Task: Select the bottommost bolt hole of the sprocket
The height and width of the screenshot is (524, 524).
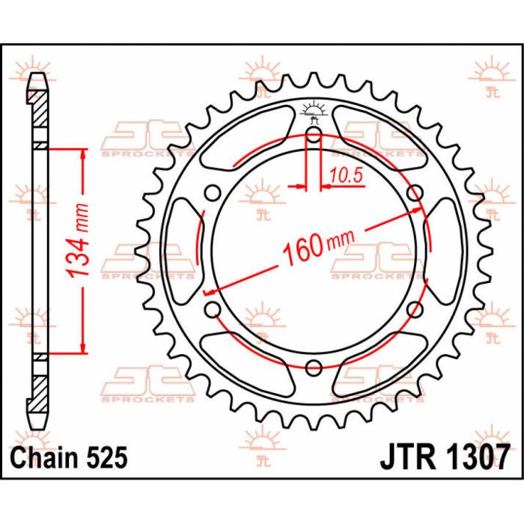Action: pyautogui.click(x=314, y=367)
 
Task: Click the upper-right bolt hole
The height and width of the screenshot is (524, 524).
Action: pyautogui.click(x=414, y=193)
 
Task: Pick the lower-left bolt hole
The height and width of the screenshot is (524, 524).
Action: pyautogui.click(x=213, y=308)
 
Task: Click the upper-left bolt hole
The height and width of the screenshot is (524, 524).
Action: pyautogui.click(x=213, y=193)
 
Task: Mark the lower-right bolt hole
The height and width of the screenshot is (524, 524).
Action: pyautogui.click(x=414, y=308)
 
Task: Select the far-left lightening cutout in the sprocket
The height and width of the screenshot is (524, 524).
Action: pyautogui.click(x=182, y=251)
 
